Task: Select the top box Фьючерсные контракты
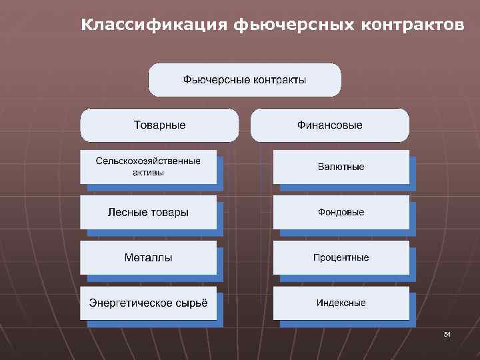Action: point(245,80)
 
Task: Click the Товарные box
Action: point(159,125)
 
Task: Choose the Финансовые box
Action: point(330,125)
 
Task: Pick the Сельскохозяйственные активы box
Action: point(148,167)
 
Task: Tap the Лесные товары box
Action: point(148,212)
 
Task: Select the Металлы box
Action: point(148,257)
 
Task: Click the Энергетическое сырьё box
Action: point(148,303)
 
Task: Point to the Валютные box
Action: point(341,167)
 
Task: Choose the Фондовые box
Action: point(341,212)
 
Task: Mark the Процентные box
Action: point(341,257)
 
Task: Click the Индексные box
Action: point(341,303)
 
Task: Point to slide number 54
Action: point(447,333)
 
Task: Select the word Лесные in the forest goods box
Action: point(125,212)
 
